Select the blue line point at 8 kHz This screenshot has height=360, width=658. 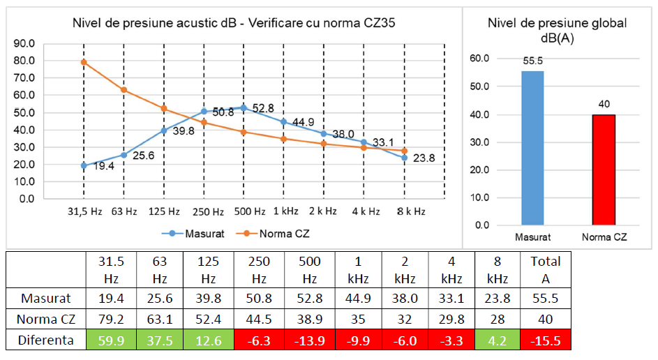(405, 158)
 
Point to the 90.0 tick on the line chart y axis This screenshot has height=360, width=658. (24, 43)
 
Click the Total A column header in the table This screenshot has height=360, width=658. (545, 270)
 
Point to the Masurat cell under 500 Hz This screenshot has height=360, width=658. (309, 298)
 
